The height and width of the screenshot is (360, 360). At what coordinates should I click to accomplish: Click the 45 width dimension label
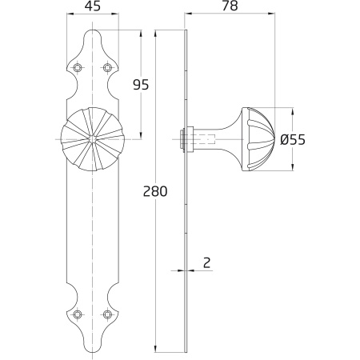(x=93, y=6)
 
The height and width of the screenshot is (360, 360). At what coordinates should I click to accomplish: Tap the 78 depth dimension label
(x=230, y=6)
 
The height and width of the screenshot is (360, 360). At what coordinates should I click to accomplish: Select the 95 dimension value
(x=141, y=85)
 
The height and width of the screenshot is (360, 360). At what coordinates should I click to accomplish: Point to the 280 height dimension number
(x=155, y=191)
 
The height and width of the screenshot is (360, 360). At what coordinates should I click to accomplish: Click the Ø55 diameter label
(x=293, y=140)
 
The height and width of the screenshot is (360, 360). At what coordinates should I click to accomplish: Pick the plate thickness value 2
(x=207, y=263)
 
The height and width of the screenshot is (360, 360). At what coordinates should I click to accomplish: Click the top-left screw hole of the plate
(x=78, y=68)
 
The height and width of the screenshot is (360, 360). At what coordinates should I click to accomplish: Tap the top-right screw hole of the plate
(x=107, y=68)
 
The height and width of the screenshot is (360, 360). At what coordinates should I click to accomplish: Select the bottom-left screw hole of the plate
(x=78, y=314)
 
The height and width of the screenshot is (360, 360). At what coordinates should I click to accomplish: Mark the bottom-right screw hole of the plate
(x=107, y=314)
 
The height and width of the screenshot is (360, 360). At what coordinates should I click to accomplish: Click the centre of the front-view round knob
(x=93, y=139)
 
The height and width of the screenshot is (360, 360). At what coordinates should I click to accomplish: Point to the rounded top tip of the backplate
(x=93, y=30)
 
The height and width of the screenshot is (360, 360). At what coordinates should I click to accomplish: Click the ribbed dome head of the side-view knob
(x=258, y=139)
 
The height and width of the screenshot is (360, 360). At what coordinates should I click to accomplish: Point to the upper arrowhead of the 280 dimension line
(x=155, y=34)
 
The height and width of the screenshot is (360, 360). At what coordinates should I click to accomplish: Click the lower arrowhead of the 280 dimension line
(x=155, y=348)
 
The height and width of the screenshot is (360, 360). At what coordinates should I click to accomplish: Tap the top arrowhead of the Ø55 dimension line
(x=293, y=111)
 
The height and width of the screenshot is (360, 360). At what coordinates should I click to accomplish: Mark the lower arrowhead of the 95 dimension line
(x=141, y=135)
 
